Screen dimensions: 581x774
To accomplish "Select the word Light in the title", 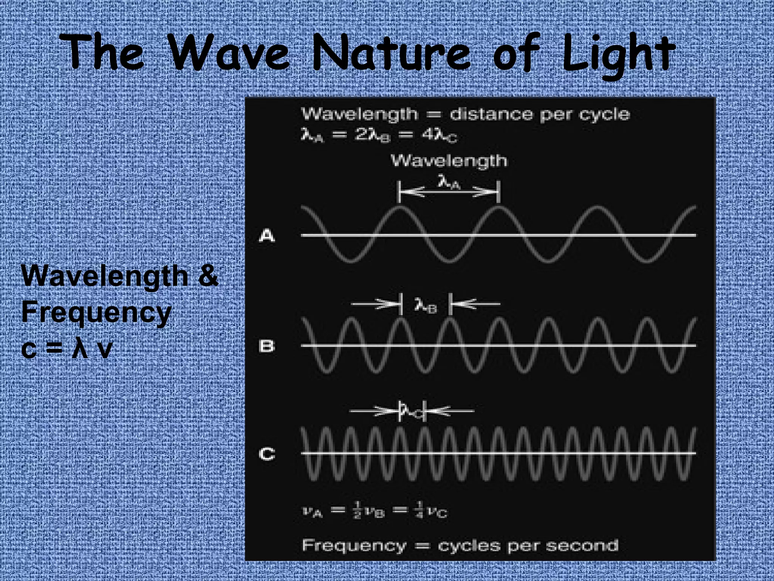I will coord(617,55).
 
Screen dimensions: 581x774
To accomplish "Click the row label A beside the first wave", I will coord(267,236).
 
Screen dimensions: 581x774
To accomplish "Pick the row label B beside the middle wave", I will coord(267,346).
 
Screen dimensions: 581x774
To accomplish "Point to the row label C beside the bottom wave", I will coord(267,454).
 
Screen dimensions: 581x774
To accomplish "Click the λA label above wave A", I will coord(449,183).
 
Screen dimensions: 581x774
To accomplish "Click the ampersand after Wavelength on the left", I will coord(207,276).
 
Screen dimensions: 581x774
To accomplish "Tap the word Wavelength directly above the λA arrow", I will coord(449,161).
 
